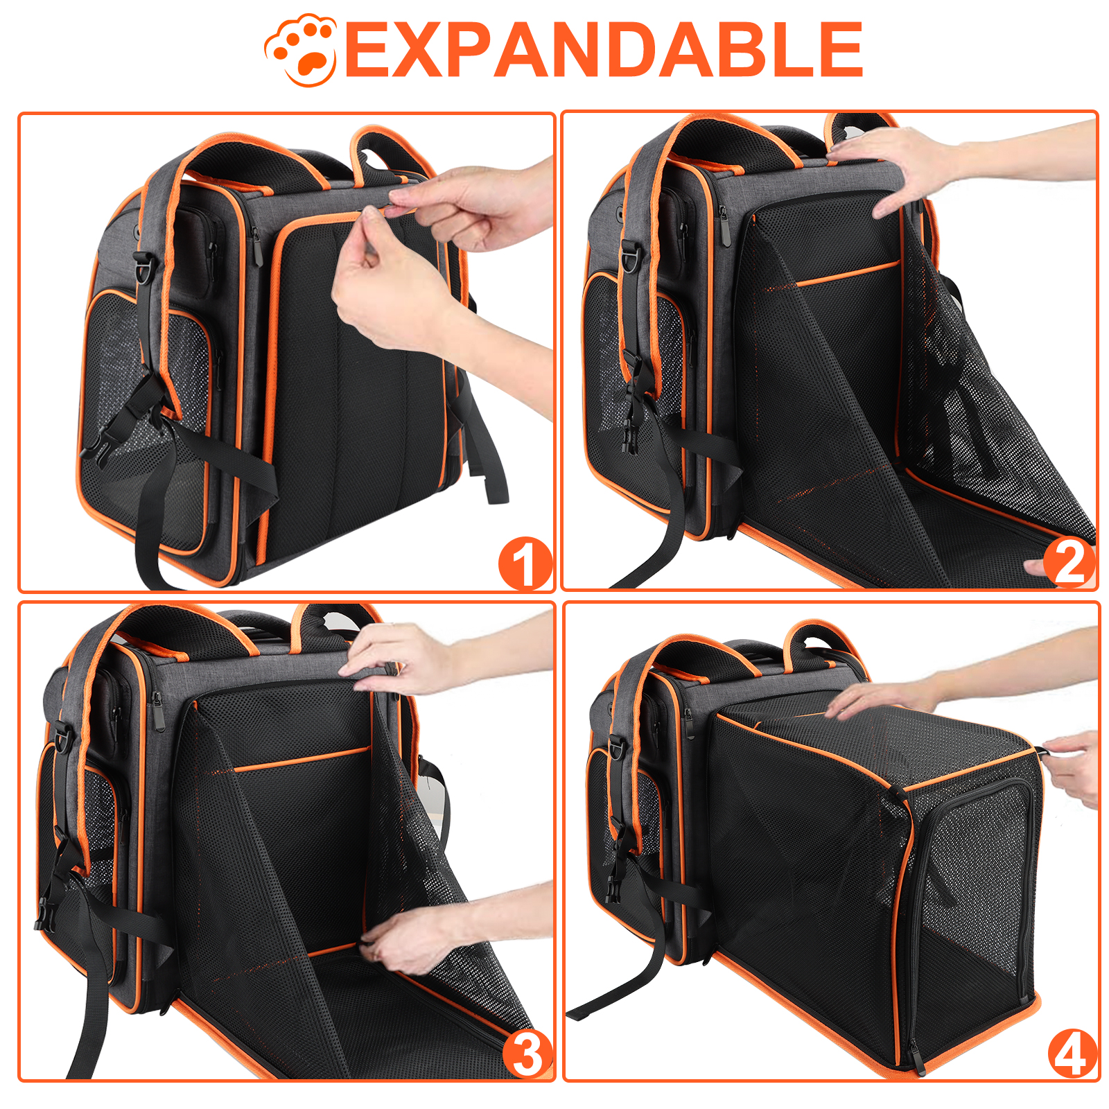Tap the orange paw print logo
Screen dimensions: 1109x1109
(x=302, y=50)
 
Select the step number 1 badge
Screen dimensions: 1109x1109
(x=525, y=564)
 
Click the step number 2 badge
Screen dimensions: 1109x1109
(x=1069, y=562)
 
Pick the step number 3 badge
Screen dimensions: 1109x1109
(x=527, y=1054)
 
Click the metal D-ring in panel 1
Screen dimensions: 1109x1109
(x=144, y=267)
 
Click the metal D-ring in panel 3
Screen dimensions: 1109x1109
(x=62, y=737)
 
